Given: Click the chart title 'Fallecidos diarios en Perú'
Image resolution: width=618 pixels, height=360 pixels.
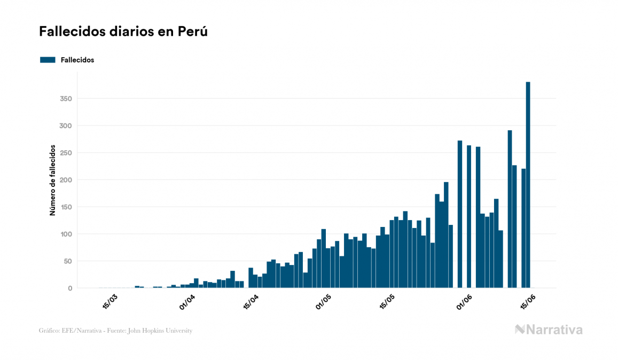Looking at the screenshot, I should (x=123, y=32).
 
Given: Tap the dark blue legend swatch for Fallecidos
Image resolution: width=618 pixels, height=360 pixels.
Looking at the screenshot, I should (x=48, y=60).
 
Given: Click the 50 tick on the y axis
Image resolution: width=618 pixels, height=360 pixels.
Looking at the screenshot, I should (x=67, y=261).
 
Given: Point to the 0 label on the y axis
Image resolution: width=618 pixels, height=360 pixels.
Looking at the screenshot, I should (x=69, y=288).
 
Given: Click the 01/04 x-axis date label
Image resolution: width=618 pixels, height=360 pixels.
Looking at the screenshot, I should (x=187, y=302).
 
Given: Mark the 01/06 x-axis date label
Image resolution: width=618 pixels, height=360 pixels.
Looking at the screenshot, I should (x=464, y=302).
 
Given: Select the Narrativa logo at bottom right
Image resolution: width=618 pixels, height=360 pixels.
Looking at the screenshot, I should (x=549, y=330).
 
